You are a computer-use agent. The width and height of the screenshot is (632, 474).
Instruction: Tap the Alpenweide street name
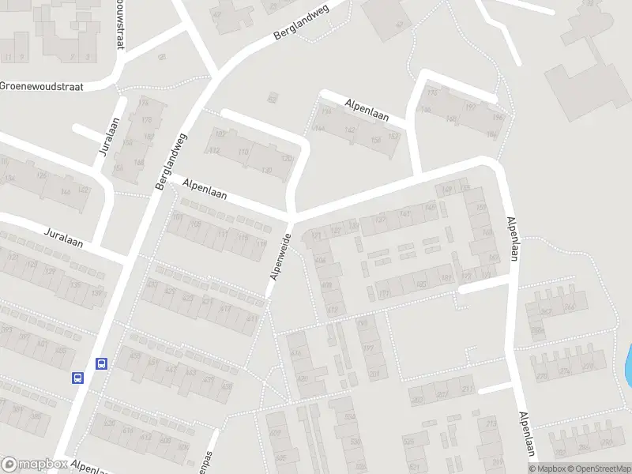282,256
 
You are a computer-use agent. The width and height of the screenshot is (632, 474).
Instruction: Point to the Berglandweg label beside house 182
171,160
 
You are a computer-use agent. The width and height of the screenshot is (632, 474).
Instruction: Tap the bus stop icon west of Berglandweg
78,378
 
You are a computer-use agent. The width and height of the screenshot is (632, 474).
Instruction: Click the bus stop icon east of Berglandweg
101,363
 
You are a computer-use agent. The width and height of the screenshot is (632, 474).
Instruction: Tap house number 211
466,389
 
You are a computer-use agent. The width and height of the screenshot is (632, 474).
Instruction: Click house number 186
491,135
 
